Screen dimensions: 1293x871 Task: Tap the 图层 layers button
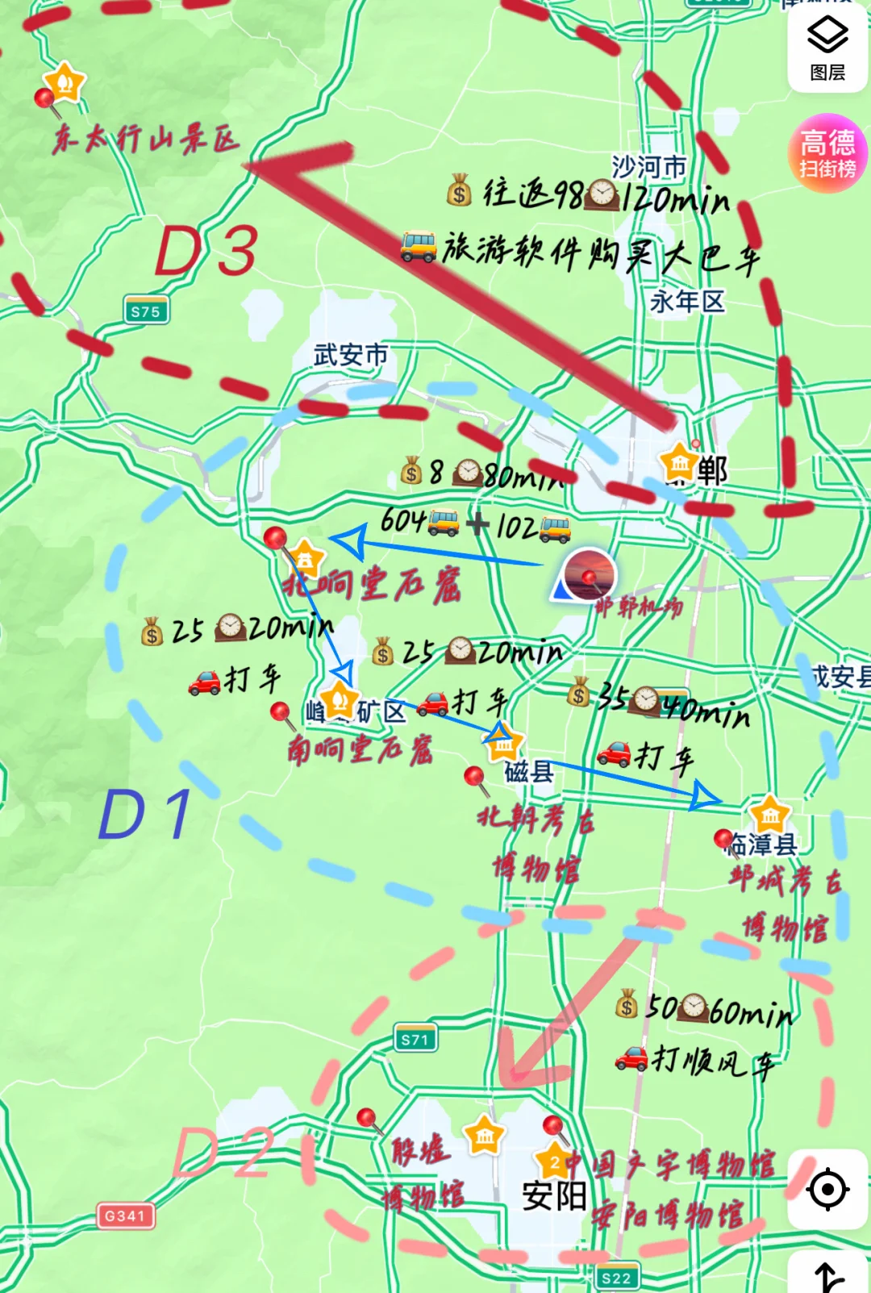(x=827, y=48)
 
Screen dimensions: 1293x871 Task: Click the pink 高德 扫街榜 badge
(x=827, y=153)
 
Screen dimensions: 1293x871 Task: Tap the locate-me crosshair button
(x=827, y=1189)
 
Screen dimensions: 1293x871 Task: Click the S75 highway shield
(x=145, y=311)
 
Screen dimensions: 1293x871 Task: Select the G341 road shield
(x=124, y=1216)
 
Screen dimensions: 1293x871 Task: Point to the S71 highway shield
(x=415, y=1040)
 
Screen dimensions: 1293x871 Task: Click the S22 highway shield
(x=616, y=1278)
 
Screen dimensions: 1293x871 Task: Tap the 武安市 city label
(x=350, y=355)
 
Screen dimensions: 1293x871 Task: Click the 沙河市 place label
(x=648, y=167)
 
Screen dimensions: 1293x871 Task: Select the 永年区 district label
(x=687, y=302)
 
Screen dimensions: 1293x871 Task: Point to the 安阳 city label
(x=554, y=1195)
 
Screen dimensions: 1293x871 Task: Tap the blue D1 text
(x=145, y=814)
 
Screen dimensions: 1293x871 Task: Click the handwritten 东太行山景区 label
(x=145, y=139)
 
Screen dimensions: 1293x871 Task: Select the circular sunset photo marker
(x=590, y=574)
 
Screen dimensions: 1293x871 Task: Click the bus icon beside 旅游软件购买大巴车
(x=419, y=246)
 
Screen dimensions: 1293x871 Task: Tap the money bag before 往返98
(x=459, y=191)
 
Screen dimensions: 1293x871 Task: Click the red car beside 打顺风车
(x=631, y=1057)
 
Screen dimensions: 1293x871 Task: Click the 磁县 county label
(x=528, y=772)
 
